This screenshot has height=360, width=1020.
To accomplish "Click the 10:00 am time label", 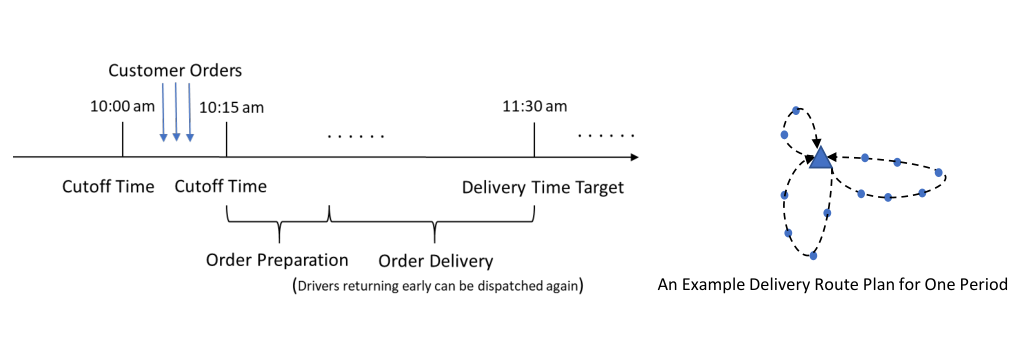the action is [122, 107].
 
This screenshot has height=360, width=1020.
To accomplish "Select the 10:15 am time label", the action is [232, 107].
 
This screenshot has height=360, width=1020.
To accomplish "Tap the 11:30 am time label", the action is [535, 105].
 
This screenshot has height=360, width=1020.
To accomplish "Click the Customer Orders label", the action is [175, 71].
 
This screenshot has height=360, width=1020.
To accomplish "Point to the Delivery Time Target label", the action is [543, 187].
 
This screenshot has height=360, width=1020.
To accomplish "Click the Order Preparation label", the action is [277, 260].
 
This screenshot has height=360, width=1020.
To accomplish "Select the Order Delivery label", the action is [436, 262].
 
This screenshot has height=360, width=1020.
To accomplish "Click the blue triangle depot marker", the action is [821, 158].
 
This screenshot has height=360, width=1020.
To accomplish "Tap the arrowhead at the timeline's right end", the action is [634, 157].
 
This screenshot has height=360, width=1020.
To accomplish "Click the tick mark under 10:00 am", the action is [122, 142].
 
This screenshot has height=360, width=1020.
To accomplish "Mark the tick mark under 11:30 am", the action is [534, 142].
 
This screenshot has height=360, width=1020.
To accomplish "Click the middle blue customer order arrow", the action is [176, 111].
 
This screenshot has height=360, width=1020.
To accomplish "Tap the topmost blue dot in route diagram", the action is [796, 111].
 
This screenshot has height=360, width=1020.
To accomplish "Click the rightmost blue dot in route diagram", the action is [938, 173].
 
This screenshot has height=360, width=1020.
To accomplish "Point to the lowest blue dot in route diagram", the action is [813, 256].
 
